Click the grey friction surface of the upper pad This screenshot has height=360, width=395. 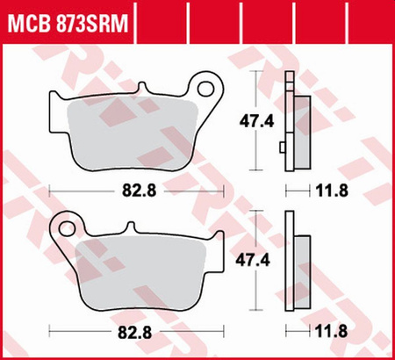pos(132,132)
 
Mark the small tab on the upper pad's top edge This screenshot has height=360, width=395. pos(141,89)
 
